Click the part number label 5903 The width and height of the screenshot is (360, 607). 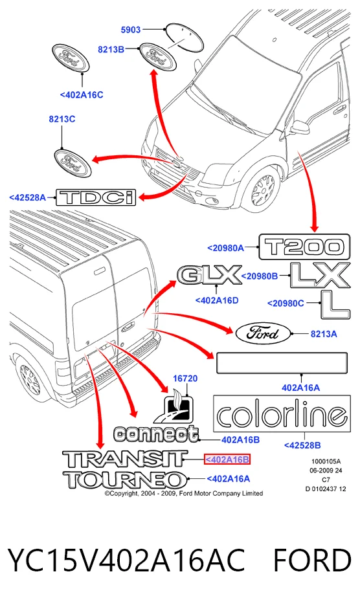pos(131,30)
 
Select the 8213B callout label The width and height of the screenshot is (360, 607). pos(111,49)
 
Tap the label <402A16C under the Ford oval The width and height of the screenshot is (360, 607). pos(82,95)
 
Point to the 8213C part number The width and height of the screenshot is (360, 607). pos(62,119)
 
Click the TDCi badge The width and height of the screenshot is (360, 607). pos(96,197)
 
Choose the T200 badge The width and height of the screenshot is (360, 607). pos(304,247)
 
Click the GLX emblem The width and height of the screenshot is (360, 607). pos(209,275)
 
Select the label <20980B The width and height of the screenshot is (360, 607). pos(260,276)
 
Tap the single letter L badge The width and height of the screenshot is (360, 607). pos(335,304)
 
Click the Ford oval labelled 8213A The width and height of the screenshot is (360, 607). pos(263,333)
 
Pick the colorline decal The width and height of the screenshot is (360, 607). pos(282,414)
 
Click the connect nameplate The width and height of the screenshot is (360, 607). pos(156,434)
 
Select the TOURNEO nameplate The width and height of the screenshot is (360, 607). pos(126,480)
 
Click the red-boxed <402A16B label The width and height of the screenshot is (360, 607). pos(227,459)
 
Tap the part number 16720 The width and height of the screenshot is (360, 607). pos(185,378)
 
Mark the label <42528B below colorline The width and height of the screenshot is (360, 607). pos(302,445)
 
